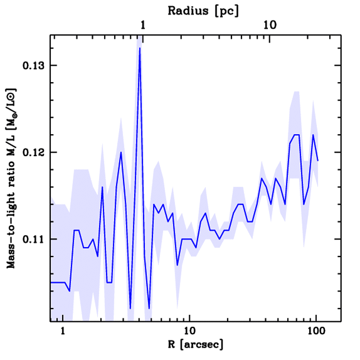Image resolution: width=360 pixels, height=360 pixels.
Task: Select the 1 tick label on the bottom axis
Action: click(63, 332)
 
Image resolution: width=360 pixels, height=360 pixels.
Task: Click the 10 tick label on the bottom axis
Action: click(189, 332)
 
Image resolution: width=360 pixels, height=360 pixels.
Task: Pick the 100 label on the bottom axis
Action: click(316, 332)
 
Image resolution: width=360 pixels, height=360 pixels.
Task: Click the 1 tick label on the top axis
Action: click(143, 25)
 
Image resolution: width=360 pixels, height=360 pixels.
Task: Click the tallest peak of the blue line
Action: click(140, 48)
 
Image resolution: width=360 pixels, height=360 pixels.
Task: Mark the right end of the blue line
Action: click(318, 161)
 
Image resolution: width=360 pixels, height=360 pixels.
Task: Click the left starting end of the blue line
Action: click(51, 282)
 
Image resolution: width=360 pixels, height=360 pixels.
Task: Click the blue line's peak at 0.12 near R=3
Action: click(121, 152)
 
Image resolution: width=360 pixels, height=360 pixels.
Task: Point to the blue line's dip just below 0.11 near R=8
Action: click(178, 265)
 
